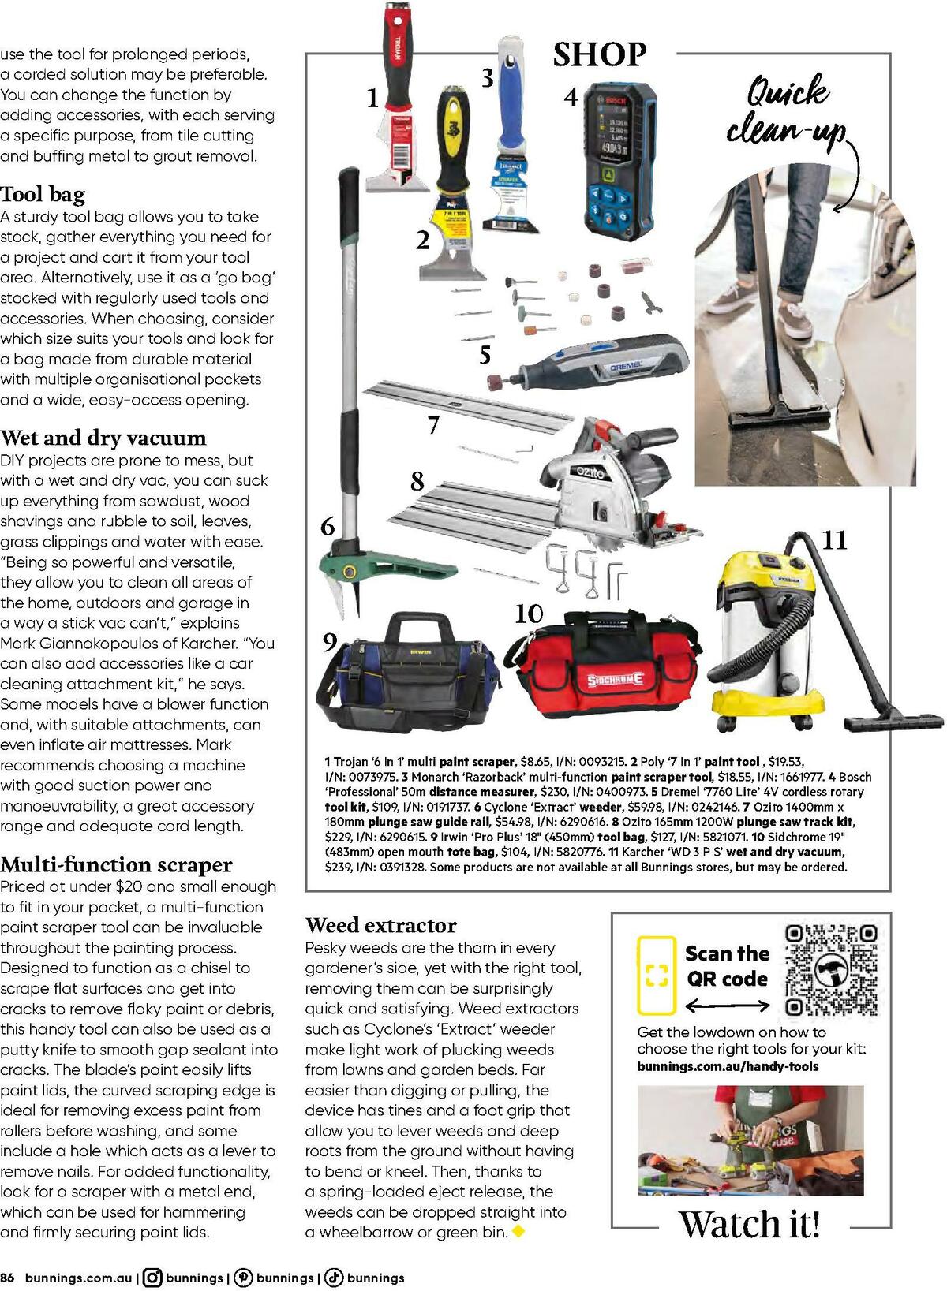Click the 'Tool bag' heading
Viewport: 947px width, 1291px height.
tap(43, 194)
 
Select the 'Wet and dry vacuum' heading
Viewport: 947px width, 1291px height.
tap(103, 438)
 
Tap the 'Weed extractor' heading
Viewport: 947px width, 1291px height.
tap(380, 924)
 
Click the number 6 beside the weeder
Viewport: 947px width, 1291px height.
tap(328, 526)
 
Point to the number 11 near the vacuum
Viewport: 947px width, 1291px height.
tap(834, 541)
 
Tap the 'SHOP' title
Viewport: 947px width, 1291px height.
tap(599, 55)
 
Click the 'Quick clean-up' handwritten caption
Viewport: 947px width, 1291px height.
tap(786, 110)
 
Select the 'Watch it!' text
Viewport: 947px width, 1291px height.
tap(750, 1224)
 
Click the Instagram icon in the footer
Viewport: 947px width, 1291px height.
tap(153, 1278)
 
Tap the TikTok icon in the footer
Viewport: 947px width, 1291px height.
tap(334, 1278)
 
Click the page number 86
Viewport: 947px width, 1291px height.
tap(8, 1278)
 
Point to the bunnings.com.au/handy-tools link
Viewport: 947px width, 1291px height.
tap(728, 1066)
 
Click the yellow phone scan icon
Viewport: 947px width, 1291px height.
tap(657, 975)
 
